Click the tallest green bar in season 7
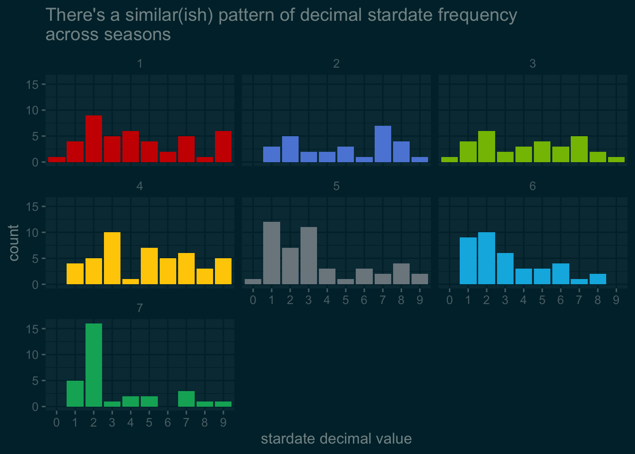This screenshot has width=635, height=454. (x=94, y=365)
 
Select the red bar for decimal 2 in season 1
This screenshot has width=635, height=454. (x=94, y=139)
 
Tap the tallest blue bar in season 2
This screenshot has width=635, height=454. (x=383, y=144)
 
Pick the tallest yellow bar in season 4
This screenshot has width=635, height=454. (x=112, y=258)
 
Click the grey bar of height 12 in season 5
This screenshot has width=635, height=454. (x=272, y=253)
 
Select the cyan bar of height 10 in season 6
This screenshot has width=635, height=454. (x=486, y=258)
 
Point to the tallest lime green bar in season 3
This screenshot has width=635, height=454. (x=486, y=147)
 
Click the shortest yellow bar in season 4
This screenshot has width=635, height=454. (x=130, y=281)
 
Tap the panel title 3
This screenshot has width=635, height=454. (x=532, y=64)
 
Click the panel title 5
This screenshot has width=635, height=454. (x=336, y=186)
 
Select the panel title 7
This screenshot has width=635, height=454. (x=139, y=308)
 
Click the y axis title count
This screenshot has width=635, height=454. (x=14, y=243)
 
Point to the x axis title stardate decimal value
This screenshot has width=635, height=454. (x=336, y=438)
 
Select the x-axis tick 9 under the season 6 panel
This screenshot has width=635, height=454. (x=616, y=300)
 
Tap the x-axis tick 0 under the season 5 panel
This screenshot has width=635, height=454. (x=253, y=300)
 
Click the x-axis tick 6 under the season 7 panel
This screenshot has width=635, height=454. (x=168, y=422)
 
